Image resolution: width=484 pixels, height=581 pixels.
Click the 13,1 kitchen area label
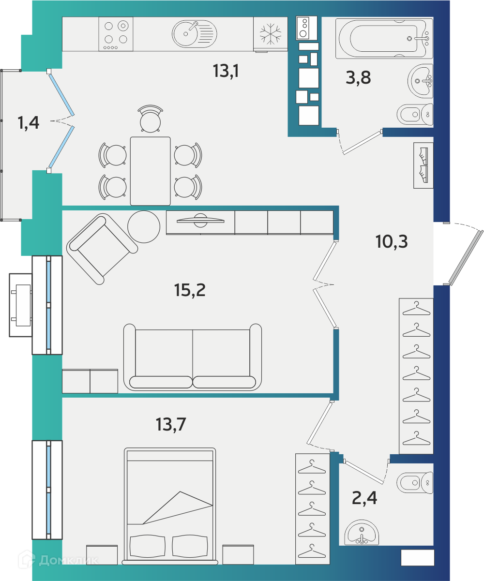226,71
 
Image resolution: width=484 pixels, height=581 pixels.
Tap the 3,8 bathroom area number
358,77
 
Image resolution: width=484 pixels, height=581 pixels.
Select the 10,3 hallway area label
392,241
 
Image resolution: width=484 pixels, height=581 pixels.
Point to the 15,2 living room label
190,290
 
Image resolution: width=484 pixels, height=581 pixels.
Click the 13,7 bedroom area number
171,425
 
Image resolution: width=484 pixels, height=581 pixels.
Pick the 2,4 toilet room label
364,498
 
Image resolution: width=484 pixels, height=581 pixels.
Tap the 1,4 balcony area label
28,123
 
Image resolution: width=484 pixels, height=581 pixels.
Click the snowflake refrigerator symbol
271,34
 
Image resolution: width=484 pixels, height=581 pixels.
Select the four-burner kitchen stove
116,34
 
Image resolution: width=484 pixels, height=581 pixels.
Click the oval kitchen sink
195,34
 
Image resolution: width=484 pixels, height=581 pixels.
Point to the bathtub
384,38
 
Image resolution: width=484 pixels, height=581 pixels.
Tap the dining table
151,171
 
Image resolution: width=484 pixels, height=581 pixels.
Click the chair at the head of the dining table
151,119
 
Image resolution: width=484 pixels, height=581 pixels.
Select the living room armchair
102,249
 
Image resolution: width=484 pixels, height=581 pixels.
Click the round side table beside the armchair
144,226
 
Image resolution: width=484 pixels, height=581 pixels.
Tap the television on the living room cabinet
200,220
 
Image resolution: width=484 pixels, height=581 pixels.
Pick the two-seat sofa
193,357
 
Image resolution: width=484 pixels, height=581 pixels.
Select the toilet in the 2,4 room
415,482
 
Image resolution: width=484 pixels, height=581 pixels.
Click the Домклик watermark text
69,560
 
